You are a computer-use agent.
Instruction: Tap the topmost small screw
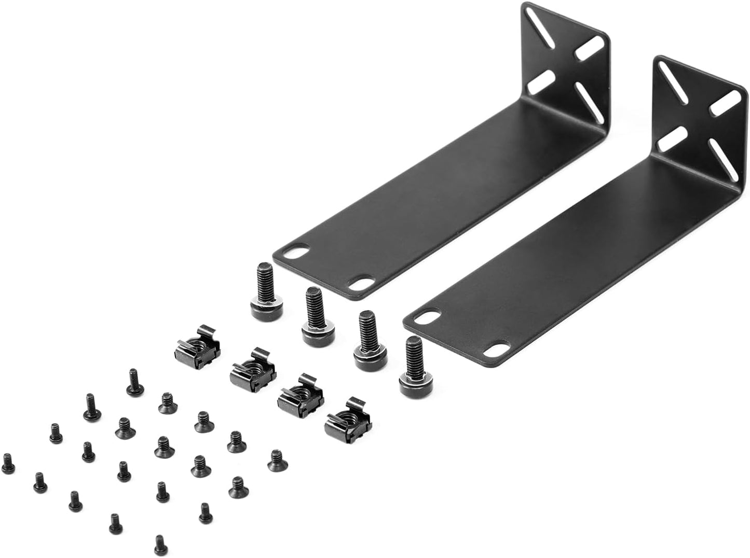pyautogui.click(x=134, y=383)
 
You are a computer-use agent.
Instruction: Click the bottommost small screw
pyautogui.click(x=160, y=545)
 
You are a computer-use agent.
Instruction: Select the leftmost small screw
pyautogui.click(x=7, y=461)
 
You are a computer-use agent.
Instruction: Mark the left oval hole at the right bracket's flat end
pyautogui.click(x=429, y=315)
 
